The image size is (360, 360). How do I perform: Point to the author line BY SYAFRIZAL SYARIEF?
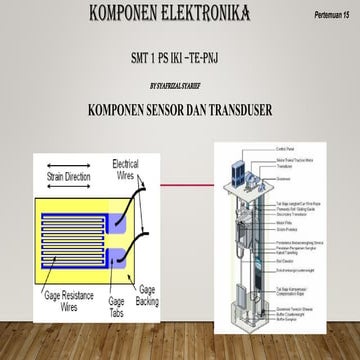[x=180, y=87]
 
